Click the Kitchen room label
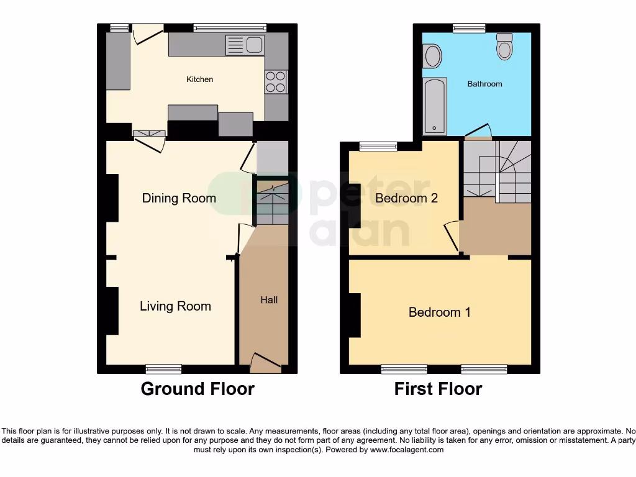point(200,79)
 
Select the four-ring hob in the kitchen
point(276,81)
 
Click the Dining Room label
point(179,198)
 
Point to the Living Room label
point(175,306)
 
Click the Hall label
point(269,300)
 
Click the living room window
point(163,369)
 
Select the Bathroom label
point(484,84)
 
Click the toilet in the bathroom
point(505,47)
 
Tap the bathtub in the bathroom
point(434,106)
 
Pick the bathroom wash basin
point(432,56)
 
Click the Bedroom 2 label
point(407,198)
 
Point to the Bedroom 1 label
point(439,312)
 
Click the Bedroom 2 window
point(378,147)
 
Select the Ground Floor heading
point(198,389)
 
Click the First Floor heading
point(438,389)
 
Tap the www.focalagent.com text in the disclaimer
point(407,450)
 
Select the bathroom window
point(469,28)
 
